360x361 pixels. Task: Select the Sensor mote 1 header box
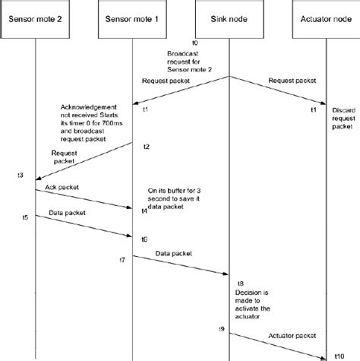133,18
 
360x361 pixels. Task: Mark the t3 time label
20,176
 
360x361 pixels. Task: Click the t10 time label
339,354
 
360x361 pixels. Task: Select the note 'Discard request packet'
343,119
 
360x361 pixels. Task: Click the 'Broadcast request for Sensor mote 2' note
193,62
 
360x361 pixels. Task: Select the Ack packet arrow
84,196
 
